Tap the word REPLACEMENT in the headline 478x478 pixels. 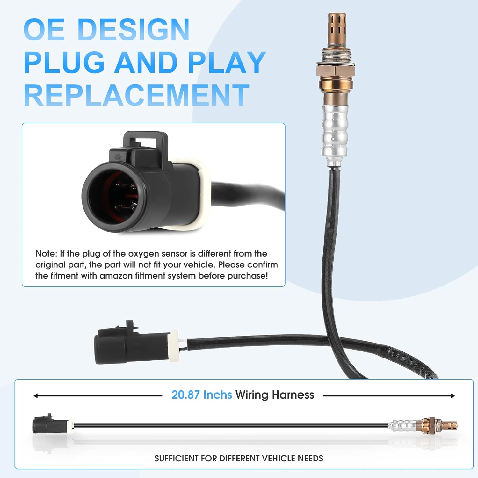(136, 95)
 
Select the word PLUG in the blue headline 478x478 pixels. (64, 62)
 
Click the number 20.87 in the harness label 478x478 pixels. (185, 395)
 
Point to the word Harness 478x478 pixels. (293, 395)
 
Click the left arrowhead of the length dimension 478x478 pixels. (36, 396)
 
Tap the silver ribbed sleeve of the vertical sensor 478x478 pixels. (335, 131)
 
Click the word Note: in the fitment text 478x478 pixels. (46, 254)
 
